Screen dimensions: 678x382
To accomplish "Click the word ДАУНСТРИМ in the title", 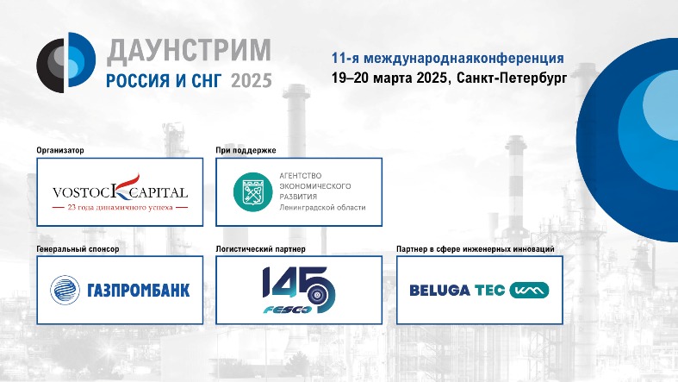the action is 189,50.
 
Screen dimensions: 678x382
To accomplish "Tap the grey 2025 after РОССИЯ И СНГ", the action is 252,81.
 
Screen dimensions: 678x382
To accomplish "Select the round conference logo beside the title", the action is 65,62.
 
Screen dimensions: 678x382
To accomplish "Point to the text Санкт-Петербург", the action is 512,78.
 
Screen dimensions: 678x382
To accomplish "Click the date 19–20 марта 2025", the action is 389,78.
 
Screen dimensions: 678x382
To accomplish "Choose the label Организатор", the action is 60,151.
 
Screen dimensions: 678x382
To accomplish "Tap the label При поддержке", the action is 246,151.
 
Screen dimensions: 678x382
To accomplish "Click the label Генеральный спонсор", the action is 78,249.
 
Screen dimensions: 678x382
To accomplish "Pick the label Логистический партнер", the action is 261,249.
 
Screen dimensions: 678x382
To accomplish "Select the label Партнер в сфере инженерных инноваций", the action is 476,249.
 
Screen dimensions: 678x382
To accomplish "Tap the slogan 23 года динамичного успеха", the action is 121,207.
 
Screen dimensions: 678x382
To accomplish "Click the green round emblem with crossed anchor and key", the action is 253,192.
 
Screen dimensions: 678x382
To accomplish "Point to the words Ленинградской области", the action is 322,208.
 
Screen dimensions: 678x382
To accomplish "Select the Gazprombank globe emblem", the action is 65,290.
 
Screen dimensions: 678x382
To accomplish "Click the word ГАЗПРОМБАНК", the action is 139,291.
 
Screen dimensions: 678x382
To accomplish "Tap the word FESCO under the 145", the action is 287,310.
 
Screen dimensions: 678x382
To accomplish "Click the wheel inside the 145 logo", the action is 318,295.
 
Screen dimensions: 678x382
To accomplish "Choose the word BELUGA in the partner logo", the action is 439,291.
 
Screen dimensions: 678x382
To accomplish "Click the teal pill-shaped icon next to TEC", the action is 529,291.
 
